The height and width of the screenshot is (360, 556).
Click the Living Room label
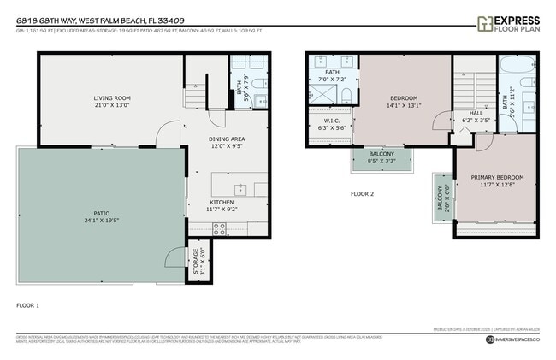point(111,98)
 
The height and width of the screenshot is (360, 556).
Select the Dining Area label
point(227,139)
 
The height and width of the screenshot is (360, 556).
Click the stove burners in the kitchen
point(219,228)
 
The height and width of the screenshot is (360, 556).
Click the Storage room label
point(195,258)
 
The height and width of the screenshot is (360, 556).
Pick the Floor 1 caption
point(28,304)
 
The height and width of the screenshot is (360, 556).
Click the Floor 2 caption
point(363,193)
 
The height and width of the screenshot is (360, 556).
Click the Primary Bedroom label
point(497,178)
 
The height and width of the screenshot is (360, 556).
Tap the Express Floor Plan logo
point(508,22)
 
